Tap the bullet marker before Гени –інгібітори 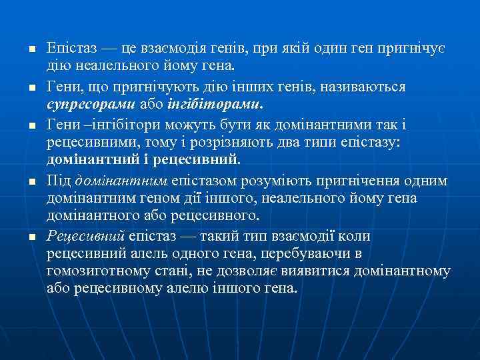(x=22, y=125)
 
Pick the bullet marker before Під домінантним (x=22, y=181)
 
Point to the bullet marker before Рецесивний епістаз (x=22, y=237)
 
